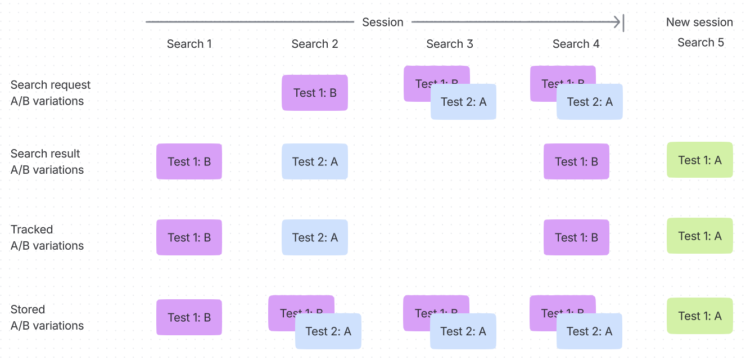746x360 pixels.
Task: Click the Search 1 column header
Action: coord(189,44)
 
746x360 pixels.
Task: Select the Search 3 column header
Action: coord(449,44)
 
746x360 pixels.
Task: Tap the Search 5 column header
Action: coord(700,43)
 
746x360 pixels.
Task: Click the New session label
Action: coord(699,22)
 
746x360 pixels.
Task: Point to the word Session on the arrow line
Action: coord(382,22)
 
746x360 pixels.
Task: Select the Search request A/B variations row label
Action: coord(51,93)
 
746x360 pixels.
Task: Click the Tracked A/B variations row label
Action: coord(47,237)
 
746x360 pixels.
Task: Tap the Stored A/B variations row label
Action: coord(47,317)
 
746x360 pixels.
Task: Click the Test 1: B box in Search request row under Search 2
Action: coord(315,93)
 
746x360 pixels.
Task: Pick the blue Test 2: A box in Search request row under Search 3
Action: coord(463,102)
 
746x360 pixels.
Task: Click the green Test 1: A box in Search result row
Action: coord(699,160)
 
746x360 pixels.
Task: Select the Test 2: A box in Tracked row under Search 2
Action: coord(315,237)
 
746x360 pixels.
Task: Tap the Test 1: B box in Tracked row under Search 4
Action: coord(576,237)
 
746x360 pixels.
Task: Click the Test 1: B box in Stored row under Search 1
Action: coord(189,317)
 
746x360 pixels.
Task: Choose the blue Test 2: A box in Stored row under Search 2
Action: coord(328,331)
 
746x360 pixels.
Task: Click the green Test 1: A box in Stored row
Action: coord(699,316)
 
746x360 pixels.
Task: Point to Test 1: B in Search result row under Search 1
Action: coord(189,162)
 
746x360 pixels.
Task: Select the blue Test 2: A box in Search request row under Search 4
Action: coord(590,102)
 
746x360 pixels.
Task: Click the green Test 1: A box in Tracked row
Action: coord(699,236)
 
